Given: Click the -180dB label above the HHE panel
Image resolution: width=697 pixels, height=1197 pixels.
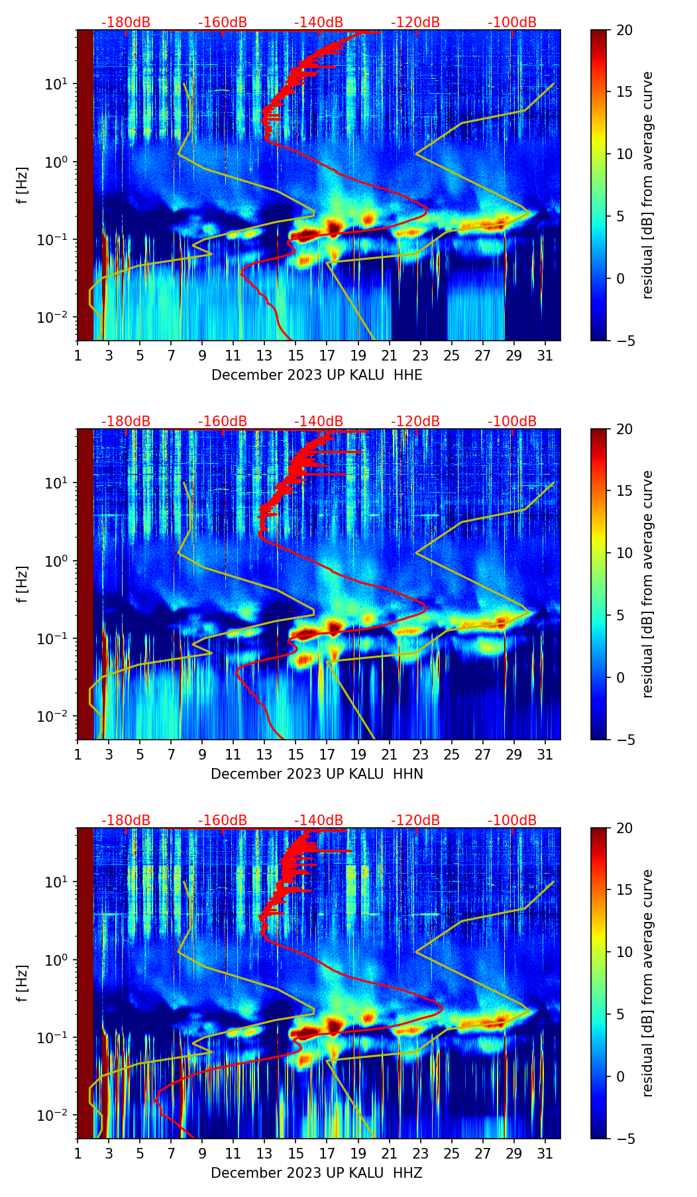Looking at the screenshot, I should [x=126, y=23].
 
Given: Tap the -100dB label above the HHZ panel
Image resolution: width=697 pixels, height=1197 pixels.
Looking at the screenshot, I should [x=512, y=820].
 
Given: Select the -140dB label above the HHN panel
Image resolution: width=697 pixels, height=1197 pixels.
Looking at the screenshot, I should [x=319, y=422].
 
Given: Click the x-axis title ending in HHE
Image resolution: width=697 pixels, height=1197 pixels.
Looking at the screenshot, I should [x=317, y=375].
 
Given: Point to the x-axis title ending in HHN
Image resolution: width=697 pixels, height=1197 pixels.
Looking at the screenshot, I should [x=317, y=774].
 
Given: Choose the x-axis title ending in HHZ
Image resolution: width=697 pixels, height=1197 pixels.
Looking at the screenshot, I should [x=317, y=1172].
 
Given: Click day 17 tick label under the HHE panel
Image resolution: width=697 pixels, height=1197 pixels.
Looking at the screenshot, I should [x=327, y=356].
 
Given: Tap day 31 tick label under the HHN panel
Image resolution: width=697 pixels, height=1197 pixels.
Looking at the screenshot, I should [x=545, y=755].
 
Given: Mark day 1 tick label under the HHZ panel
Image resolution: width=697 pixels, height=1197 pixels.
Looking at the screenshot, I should [x=78, y=1154].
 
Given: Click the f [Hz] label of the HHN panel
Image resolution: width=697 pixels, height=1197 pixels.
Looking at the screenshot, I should [x=23, y=584].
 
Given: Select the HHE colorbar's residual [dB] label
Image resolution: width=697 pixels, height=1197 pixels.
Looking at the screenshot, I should [x=647, y=185].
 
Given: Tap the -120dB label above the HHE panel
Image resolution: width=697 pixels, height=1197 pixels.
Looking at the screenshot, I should [x=415, y=23].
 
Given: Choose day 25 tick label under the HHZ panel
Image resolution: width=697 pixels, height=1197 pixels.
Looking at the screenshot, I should [x=451, y=1154].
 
